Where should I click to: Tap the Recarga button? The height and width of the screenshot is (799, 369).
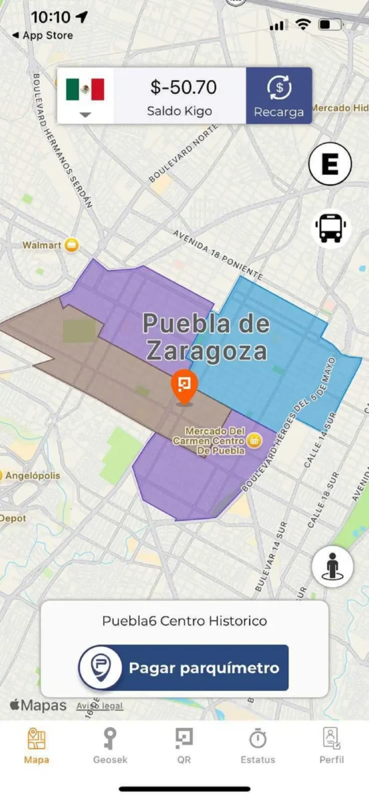pos(278,96)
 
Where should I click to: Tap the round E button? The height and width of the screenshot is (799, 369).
pos(330,164)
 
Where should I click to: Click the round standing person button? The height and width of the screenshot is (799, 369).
pos(332,567)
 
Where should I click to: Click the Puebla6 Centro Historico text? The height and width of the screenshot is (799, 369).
pos(184,621)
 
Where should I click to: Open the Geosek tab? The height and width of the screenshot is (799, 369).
pos(110,745)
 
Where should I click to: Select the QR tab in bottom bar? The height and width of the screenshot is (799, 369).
pos(184,745)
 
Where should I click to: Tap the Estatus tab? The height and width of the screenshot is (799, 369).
pos(258,745)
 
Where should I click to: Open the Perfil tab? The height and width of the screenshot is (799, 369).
pos(331,745)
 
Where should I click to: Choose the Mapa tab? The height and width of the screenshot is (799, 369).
pos(37,745)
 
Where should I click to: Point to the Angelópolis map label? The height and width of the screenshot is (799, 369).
pos(31,475)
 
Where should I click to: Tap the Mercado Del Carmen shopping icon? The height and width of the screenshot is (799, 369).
pos(254,439)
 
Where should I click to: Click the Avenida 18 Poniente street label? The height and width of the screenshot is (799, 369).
pos(218,255)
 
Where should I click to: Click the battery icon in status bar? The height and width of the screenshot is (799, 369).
pos(330,25)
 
